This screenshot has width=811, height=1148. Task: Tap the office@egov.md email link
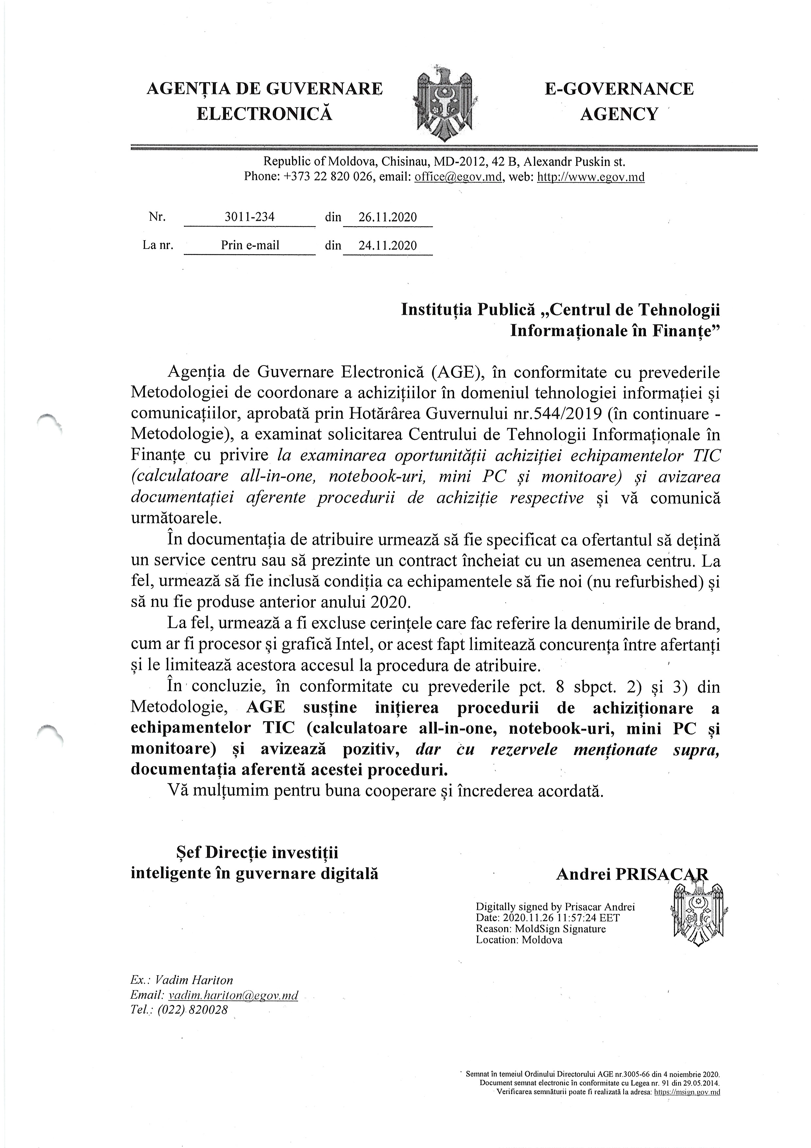[x=458, y=177]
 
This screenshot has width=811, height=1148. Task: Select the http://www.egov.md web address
[x=590, y=177]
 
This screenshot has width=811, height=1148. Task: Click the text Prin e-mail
[x=250, y=245]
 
